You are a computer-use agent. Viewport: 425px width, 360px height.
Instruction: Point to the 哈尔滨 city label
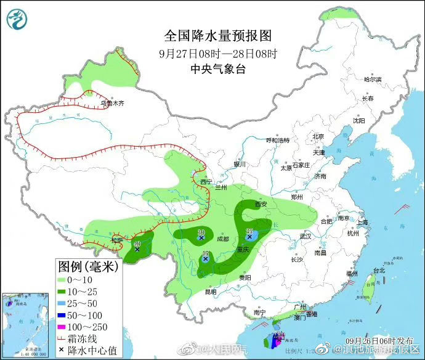pos(373,80)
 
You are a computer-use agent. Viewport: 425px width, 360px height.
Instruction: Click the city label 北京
pos(318,136)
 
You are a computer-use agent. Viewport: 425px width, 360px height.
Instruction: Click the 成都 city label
pos(222,239)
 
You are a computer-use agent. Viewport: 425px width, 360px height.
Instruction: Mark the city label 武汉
pos(306,236)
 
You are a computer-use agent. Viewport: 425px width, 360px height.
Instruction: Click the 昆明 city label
pos(211,292)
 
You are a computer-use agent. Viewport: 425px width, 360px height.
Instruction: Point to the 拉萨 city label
pos(117,239)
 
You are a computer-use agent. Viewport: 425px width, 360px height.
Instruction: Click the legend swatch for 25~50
pos(62,304)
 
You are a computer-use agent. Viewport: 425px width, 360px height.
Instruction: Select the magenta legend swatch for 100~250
pos(62,327)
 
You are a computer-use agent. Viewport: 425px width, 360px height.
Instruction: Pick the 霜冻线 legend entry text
pos(83,338)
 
